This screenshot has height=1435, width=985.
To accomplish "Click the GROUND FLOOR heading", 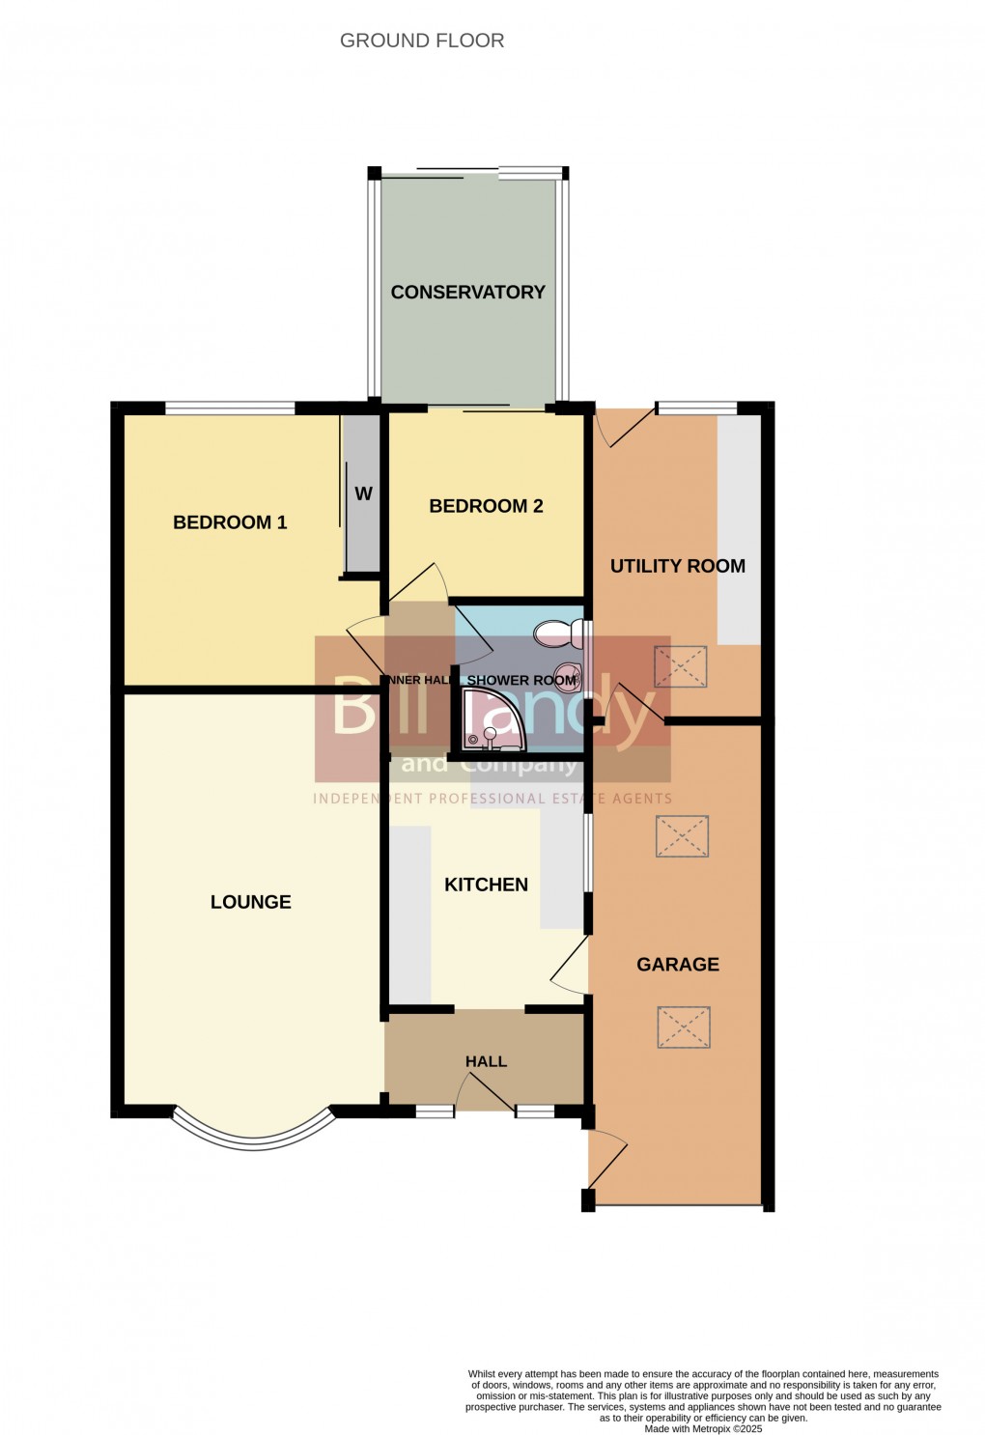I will click(422, 41).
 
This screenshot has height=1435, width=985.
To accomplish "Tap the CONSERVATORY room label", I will click(467, 292).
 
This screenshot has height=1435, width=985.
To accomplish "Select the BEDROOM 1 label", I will click(230, 522).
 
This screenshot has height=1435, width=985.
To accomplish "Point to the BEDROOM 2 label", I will click(486, 506).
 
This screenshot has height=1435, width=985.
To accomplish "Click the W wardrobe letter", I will click(363, 493).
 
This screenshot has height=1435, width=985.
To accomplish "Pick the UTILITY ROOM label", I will click(677, 566).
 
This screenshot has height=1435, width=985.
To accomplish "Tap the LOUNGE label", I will click(250, 902).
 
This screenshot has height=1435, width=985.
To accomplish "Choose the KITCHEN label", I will click(486, 885).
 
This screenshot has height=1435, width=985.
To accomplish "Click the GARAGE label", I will click(678, 964).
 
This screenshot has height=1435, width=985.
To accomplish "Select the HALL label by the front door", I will click(486, 1061).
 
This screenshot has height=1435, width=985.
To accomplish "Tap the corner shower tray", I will click(491, 721).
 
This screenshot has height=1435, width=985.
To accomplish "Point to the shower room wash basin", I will click(566, 673).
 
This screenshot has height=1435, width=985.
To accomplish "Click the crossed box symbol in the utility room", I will click(681, 666).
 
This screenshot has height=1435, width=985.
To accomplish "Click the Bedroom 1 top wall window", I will click(229, 408).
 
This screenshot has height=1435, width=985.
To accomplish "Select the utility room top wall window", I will click(696, 408).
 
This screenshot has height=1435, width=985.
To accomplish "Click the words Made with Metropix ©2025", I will click(703, 1429).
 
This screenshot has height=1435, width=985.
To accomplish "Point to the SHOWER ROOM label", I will click(521, 681).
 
